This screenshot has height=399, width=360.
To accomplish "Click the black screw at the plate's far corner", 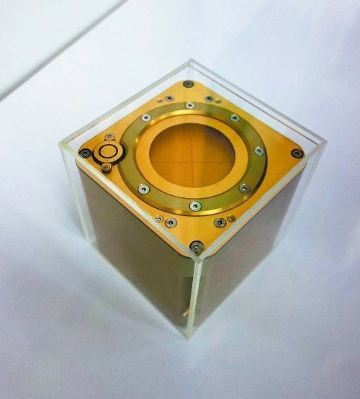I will click(x=189, y=84).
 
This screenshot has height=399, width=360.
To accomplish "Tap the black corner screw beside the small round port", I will click(x=85, y=153).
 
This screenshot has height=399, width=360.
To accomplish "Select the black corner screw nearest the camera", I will click(x=195, y=246).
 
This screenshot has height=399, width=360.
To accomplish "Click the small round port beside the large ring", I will click(x=109, y=151).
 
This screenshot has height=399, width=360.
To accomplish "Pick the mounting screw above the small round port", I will click(x=109, y=136).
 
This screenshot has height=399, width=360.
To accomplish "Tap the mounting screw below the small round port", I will click(x=107, y=167).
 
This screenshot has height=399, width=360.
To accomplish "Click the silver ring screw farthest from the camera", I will click(x=190, y=106).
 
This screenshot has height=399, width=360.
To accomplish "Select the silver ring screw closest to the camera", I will click(x=194, y=207).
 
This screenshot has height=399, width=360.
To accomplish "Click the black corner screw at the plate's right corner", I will click(x=297, y=153).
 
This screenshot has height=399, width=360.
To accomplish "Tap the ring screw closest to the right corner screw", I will click(x=258, y=151).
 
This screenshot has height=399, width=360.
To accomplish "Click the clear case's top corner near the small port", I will click(x=62, y=143).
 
